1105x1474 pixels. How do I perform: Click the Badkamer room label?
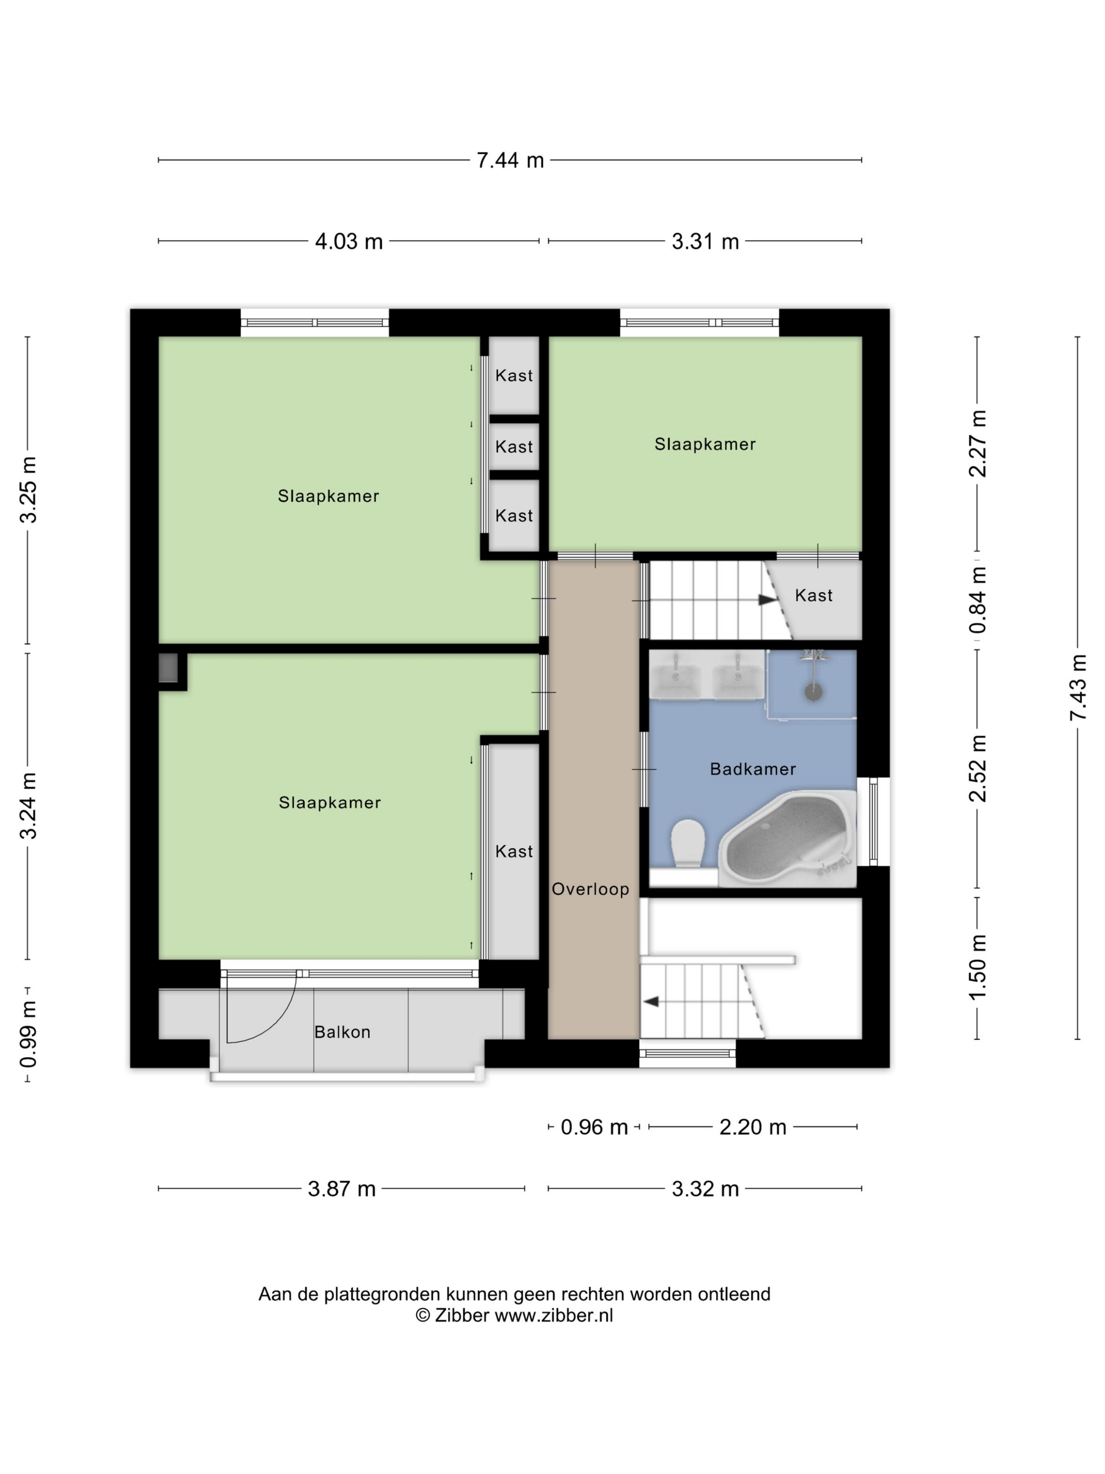[752, 769]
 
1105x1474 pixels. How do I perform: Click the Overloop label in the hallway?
[590, 889]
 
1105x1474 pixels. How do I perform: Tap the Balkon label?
[343, 1032]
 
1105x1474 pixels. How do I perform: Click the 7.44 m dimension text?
[510, 161]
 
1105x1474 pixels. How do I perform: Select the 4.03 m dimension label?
[349, 241]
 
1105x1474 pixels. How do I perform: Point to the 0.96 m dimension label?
[594, 1127]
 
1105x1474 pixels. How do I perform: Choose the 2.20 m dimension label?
[752, 1127]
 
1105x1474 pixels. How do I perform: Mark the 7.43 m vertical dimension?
[1078, 687]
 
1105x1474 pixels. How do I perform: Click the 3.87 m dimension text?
[341, 1189]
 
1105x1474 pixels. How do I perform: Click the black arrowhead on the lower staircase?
[651, 1002]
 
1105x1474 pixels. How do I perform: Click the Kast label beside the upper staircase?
[814, 596]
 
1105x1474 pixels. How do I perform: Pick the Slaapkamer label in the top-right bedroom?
[705, 444]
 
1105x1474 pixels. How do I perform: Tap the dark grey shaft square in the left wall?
[168, 669]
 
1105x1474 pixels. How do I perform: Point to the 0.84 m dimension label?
[978, 600]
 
